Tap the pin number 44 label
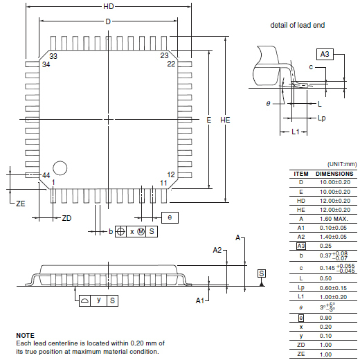[46, 175]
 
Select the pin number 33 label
[53, 56]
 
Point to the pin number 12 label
[171, 174]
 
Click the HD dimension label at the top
[109, 6]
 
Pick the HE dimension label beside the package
[225, 120]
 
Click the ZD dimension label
[66, 218]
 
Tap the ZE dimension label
[21, 204]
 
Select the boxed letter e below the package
[170, 217]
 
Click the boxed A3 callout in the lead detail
[325, 54]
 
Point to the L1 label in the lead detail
[296, 132]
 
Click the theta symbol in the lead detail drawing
[268, 104]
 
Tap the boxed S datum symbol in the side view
[262, 273]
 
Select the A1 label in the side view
[200, 300]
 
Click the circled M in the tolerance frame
[141, 231]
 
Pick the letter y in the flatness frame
[99, 300]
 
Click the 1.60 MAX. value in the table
[334, 219]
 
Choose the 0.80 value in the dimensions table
[325, 318]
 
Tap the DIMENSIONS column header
[334, 174]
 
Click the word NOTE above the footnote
[25, 335]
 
